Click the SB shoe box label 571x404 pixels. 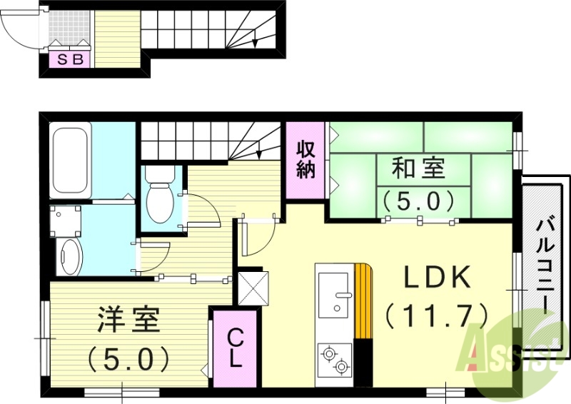pos(69,60)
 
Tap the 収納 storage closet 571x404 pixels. pos(306,160)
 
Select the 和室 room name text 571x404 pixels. pos(418,170)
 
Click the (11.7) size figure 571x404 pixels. pos(437,313)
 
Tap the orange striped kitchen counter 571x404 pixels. pos(363,300)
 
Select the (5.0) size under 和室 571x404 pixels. pos(418,201)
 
